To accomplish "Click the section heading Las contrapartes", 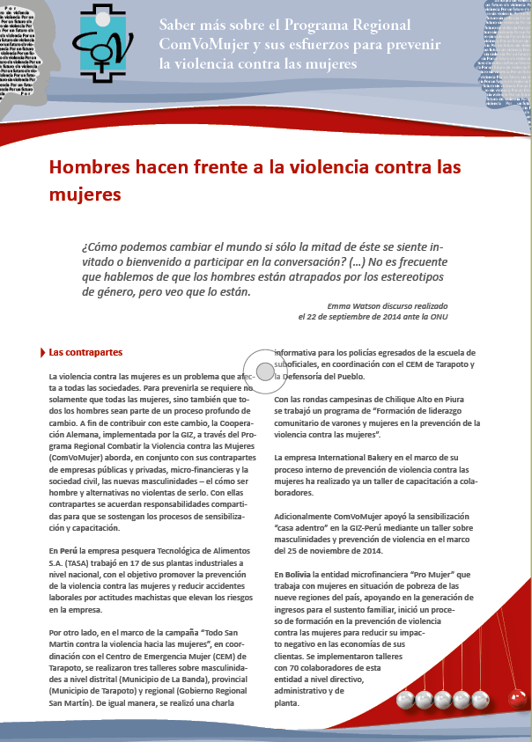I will [85, 353].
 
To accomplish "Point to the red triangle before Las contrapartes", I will [43, 353].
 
